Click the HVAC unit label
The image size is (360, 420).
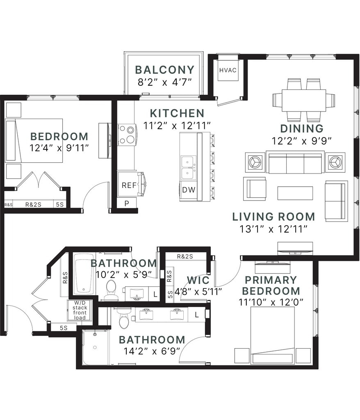[x=228, y=70]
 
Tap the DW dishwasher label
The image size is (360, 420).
[x=189, y=190]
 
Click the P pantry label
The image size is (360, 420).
[x=127, y=203]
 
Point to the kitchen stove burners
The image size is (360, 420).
[x=126, y=135]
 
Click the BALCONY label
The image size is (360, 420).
[x=165, y=70]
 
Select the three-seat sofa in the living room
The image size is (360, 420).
[x=295, y=162]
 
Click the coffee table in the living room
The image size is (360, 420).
[x=295, y=193]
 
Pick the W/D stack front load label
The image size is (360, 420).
[x=80, y=310]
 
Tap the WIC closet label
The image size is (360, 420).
[x=198, y=280]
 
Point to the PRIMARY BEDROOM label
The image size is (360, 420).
[x=271, y=285]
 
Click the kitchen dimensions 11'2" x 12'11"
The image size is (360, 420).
[x=177, y=126]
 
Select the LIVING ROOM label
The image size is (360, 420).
[x=273, y=217]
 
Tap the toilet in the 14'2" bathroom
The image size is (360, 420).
[x=123, y=318]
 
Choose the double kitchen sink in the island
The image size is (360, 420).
[x=188, y=168]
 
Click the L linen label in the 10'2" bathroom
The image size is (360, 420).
[x=155, y=294]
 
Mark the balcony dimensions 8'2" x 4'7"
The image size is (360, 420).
[x=165, y=82]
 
